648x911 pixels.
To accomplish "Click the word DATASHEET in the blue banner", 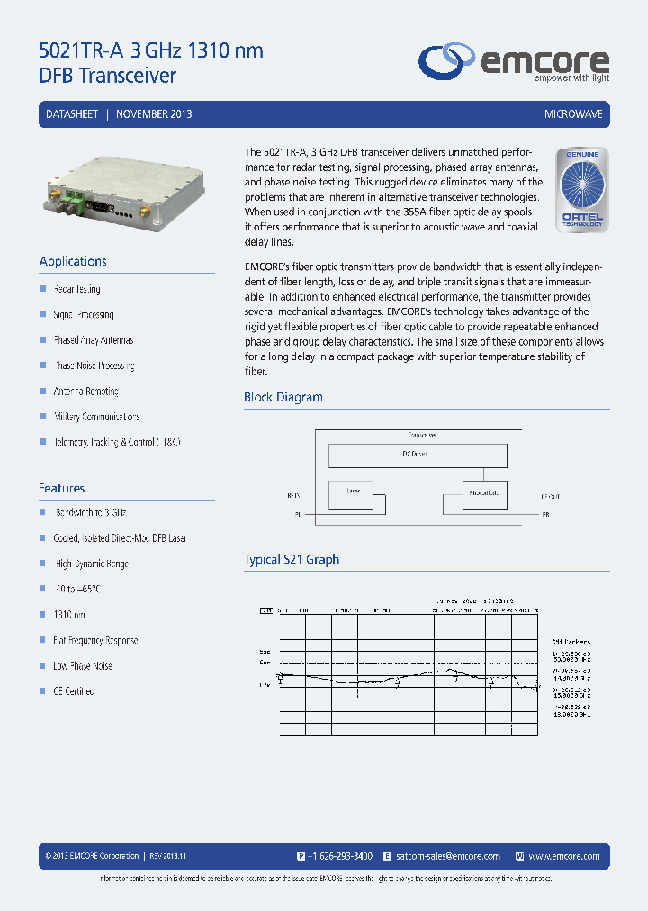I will (72, 114).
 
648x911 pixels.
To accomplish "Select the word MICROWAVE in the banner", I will (573, 114).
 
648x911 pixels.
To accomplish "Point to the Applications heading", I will (73, 261).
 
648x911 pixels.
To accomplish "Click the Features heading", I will (61, 488).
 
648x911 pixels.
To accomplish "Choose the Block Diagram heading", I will (283, 397).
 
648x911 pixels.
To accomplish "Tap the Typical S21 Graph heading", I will (292, 559).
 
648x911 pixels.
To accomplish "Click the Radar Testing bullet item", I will (77, 289).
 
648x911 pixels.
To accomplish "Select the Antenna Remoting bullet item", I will (85, 392).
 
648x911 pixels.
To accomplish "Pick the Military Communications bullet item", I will (96, 417).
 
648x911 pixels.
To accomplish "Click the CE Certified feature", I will (73, 691).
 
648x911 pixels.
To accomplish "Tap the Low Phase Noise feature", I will (82, 666).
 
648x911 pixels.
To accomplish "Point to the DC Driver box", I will (418, 455).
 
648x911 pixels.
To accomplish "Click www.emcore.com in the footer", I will (564, 856).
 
